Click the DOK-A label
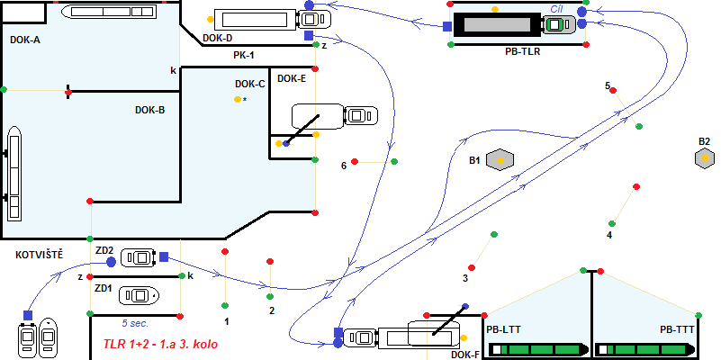coord(25,40)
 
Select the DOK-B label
coord(149,110)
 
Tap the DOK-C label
coord(249,84)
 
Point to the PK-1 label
coord(244,55)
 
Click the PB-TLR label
coord(523,52)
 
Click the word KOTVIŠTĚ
coord(40,255)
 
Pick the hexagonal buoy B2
coord(705,159)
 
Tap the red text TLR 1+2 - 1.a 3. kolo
coord(160,344)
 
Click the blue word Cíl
coord(557,7)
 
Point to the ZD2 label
coord(104,250)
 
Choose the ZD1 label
coord(104,289)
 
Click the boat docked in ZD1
coord(140,294)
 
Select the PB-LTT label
coord(503,329)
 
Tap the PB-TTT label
coord(677,329)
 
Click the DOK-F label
coord(464,355)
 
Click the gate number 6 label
coord(344,166)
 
